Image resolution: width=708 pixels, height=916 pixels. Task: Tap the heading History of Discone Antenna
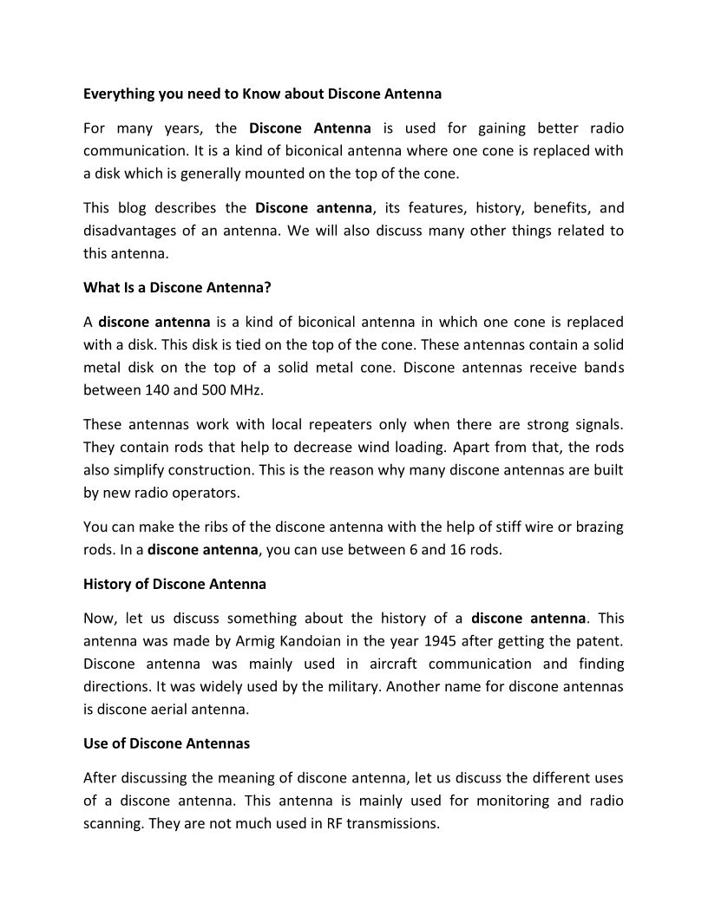(x=174, y=584)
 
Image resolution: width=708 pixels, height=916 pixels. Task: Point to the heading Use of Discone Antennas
(x=167, y=743)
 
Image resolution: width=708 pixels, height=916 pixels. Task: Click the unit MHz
(x=244, y=389)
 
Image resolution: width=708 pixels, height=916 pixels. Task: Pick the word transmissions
(x=395, y=823)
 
